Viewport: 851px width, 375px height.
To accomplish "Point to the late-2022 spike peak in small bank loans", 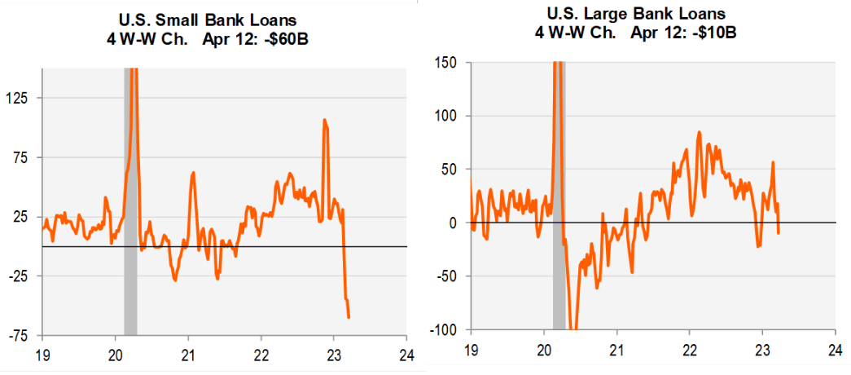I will pyautogui.click(x=324, y=121).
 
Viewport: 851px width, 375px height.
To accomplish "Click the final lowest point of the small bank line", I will pyautogui.click(x=349, y=317).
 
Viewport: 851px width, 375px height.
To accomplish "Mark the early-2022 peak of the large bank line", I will pyautogui.click(x=699, y=132).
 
